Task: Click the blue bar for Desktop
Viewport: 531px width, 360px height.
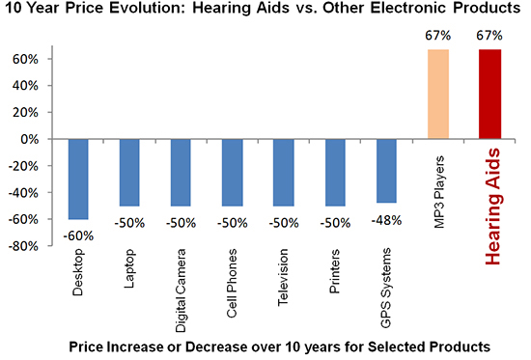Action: pyautogui.click(x=77, y=179)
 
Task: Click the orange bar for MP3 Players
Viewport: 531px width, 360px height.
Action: pyautogui.click(x=439, y=94)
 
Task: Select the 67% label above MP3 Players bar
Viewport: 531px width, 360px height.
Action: pyautogui.click(x=439, y=37)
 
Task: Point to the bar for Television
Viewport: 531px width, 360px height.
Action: pyautogui.click(x=284, y=172)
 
